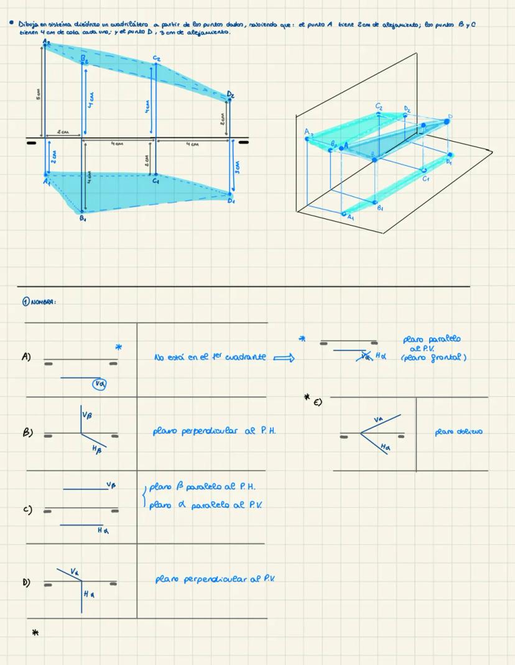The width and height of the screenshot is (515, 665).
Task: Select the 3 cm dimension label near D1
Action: (x=236, y=167)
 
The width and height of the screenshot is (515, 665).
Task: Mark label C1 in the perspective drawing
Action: (x=426, y=179)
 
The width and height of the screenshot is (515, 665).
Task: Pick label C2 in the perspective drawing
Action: (x=379, y=107)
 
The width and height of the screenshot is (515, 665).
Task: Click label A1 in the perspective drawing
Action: (x=351, y=218)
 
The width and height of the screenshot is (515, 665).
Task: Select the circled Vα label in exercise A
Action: (x=98, y=384)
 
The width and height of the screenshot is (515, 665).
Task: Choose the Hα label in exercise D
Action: (x=88, y=595)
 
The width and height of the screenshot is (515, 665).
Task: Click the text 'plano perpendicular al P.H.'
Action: (x=214, y=430)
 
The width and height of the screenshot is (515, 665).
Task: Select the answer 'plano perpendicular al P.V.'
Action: (x=215, y=579)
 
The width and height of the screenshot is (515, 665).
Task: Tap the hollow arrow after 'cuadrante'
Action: (x=282, y=357)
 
